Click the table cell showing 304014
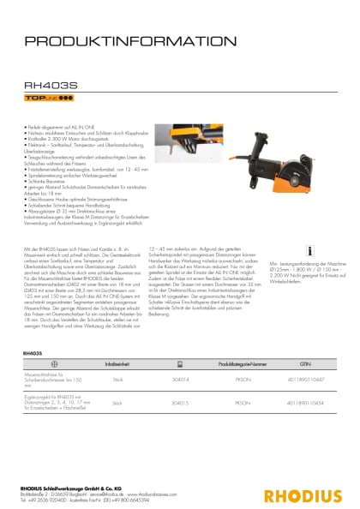[x=181, y=378]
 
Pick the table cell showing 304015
[x=181, y=402]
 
